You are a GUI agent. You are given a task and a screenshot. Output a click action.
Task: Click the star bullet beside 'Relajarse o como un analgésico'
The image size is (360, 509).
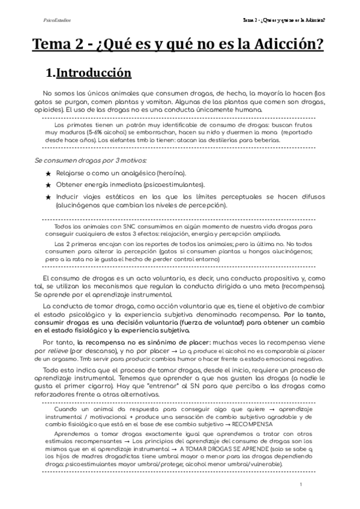[49, 173]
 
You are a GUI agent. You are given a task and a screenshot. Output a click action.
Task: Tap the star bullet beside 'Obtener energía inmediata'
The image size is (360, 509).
[49, 185]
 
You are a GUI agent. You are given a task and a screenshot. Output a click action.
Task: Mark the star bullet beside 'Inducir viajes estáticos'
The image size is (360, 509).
[49, 196]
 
